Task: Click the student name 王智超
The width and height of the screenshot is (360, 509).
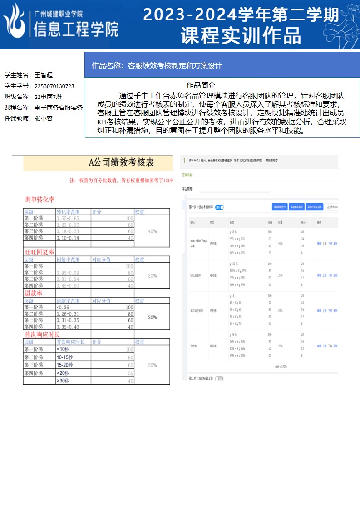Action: point(44,75)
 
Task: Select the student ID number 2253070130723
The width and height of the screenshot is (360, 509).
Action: point(54,86)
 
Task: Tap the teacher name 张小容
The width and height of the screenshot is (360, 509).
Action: point(44,118)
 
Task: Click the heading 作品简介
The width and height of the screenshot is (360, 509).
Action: point(201,85)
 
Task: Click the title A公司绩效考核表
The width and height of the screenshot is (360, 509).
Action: point(121,162)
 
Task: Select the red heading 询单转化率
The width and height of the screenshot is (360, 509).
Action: point(40,200)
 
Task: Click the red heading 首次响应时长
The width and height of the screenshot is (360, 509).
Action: point(42,334)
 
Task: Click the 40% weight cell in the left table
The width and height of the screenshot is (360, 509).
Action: point(153,231)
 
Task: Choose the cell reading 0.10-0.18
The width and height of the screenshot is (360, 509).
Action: point(68,238)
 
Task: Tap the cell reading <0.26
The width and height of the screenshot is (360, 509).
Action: point(63,307)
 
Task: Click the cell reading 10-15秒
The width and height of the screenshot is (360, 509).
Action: point(64,357)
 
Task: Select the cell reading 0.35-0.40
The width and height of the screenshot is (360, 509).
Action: point(68,327)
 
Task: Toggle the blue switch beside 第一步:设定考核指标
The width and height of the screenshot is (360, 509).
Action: point(219,207)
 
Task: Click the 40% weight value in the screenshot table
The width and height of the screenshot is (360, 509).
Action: point(280,243)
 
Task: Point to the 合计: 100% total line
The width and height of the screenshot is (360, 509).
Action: point(281,366)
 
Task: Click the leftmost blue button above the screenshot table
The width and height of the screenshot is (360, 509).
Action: point(281,207)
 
